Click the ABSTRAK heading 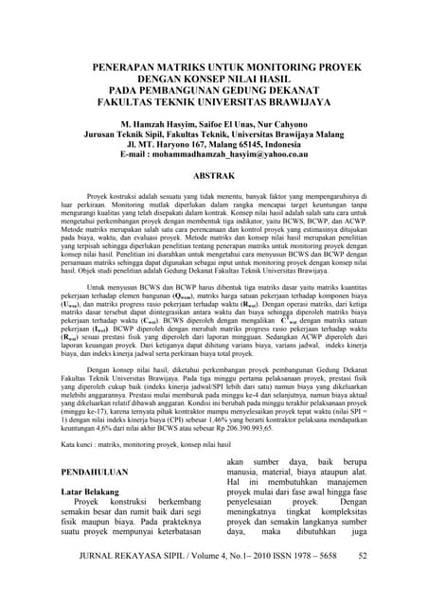[x=213, y=177]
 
